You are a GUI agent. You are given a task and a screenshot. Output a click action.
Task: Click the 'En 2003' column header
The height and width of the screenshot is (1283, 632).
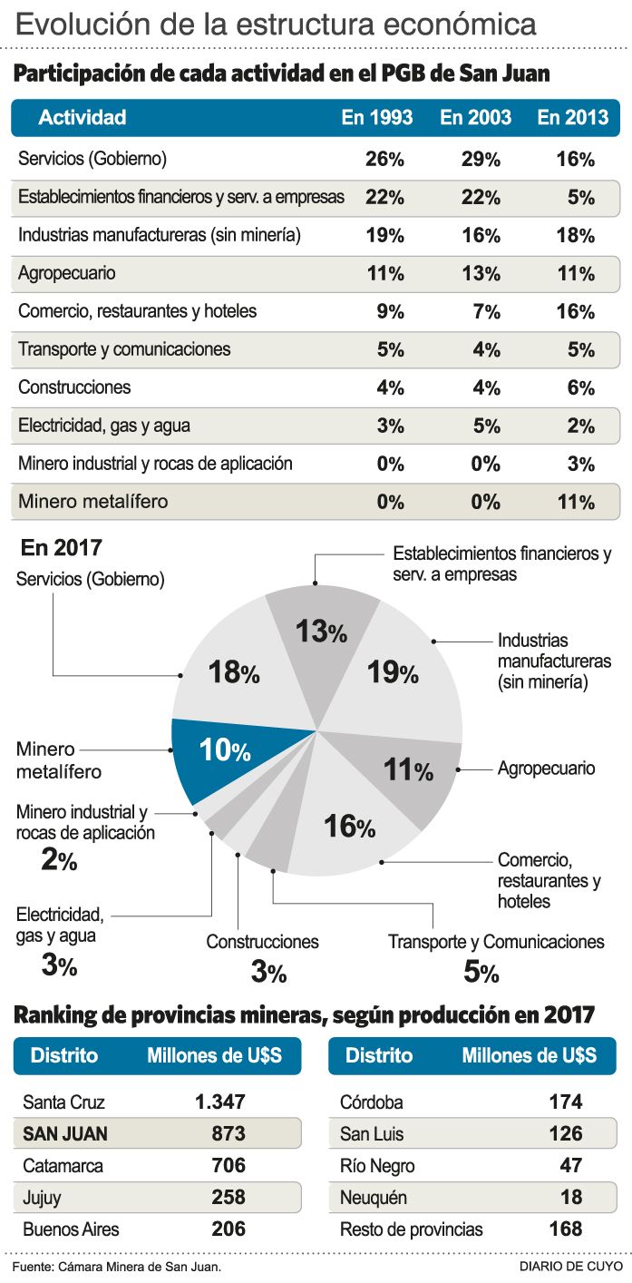point(475,118)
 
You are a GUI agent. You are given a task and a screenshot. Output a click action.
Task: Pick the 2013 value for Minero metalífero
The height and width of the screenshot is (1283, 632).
point(574,502)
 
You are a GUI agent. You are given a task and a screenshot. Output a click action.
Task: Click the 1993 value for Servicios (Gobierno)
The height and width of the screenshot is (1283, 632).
point(384,160)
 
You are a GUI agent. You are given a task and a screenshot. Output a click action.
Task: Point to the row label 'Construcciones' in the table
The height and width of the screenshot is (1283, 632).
point(74,387)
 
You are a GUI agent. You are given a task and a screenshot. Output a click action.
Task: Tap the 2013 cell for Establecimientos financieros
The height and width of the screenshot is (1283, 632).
point(580,198)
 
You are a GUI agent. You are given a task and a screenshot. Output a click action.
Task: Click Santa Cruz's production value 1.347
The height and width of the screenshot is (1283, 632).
point(219,1103)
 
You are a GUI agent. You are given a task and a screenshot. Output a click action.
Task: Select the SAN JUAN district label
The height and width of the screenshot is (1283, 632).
point(64,1133)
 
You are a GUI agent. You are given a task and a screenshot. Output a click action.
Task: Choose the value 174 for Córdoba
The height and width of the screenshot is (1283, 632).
point(565,1103)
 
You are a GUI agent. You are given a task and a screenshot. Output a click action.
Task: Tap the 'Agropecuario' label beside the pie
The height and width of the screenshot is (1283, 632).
point(546,769)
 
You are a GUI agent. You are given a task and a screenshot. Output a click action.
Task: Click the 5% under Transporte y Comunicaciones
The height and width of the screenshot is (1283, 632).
point(480,973)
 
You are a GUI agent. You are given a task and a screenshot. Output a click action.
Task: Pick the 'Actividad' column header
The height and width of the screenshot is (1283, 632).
point(82,118)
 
